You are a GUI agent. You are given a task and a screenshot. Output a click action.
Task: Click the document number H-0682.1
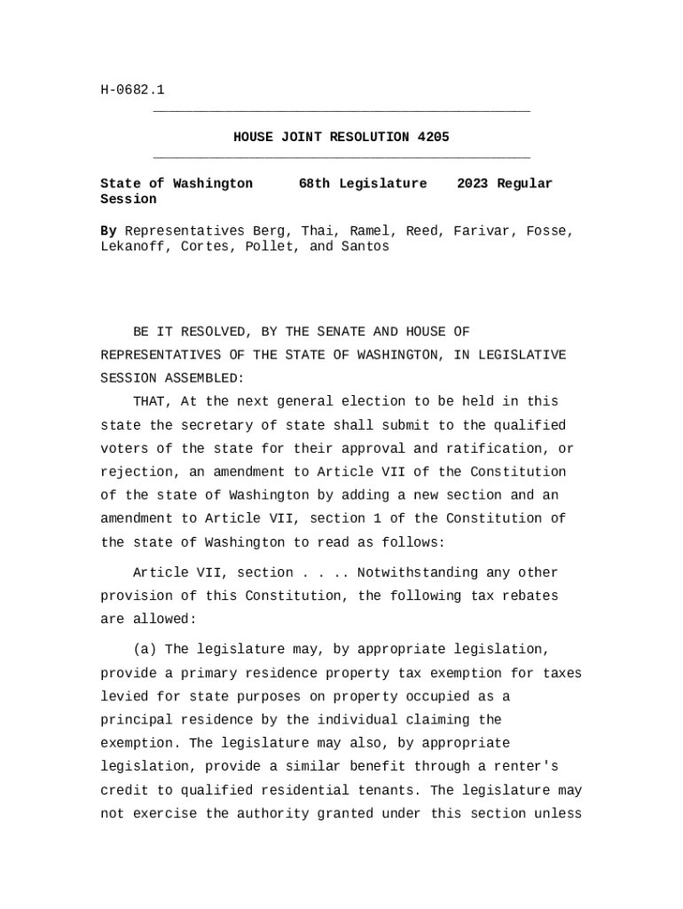(132, 90)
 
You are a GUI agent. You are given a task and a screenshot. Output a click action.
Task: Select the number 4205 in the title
(433, 138)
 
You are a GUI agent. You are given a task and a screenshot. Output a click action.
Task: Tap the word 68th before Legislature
(314, 184)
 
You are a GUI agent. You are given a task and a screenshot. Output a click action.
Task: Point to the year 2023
(473, 184)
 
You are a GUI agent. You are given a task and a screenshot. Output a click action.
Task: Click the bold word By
(108, 231)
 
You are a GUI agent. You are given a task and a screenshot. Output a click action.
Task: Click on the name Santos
(365, 247)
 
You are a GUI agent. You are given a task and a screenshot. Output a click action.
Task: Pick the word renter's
(526, 766)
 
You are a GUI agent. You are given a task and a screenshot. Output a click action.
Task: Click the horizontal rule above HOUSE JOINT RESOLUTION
(341, 112)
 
